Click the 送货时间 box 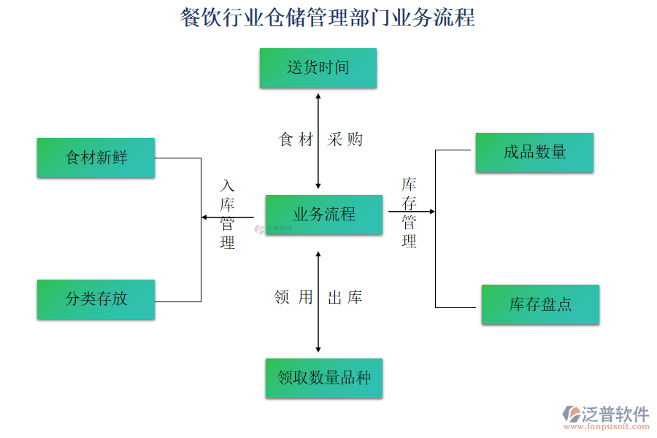pos(318,68)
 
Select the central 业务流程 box pos(323,215)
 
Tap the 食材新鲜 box pos(96,158)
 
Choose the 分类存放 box pos(96,299)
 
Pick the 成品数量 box pos(534,153)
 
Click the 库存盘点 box pos(540,304)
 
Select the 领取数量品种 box pos(324,378)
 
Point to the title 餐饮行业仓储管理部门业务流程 pos(328,18)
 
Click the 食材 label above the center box pos(296,139)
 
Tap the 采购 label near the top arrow pos(345,139)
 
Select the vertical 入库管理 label pos(228,215)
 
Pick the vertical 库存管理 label pos(409,212)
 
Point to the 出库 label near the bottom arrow pos(345,297)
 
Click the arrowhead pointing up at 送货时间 pos(318,95)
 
